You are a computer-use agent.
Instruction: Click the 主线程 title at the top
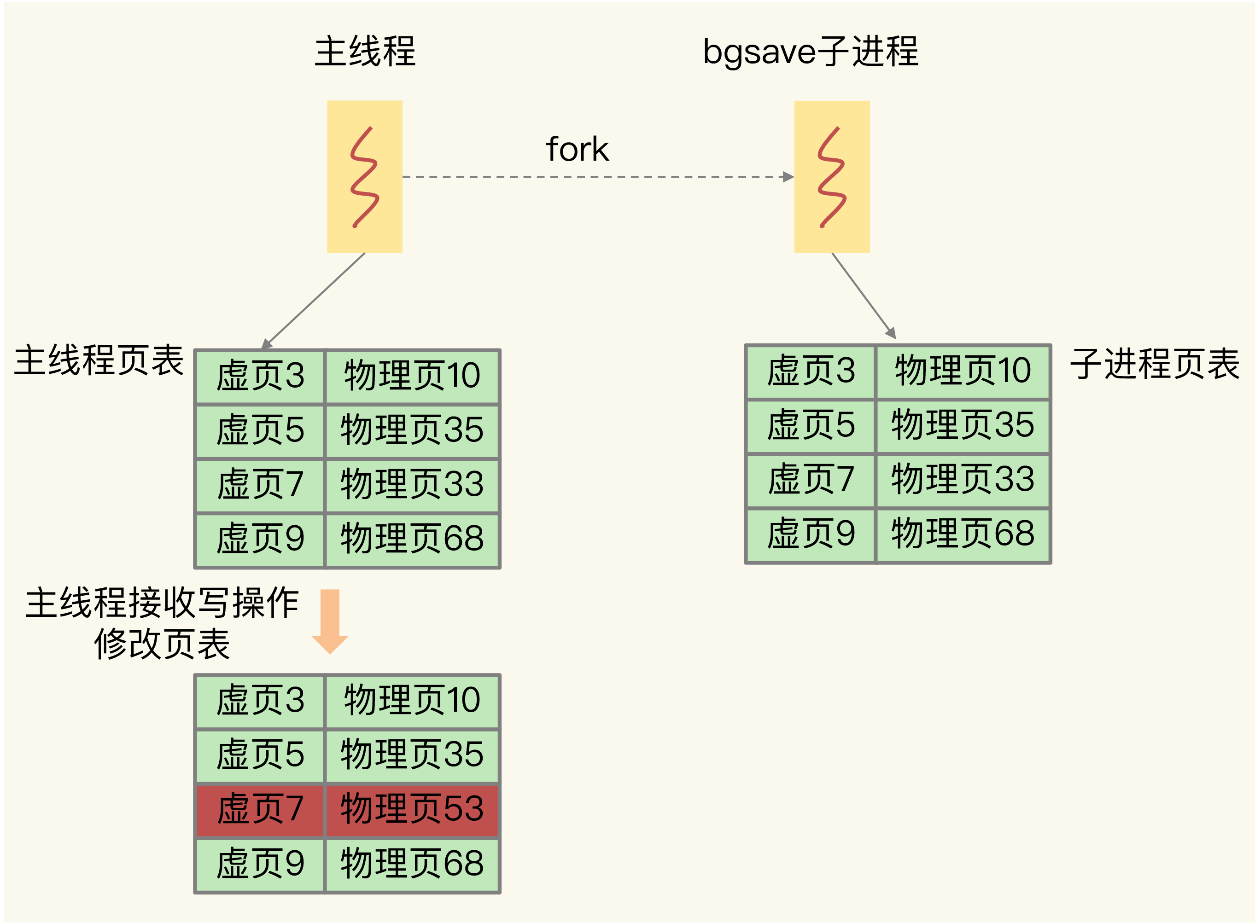tap(365, 52)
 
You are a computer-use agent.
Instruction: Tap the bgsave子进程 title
tap(811, 52)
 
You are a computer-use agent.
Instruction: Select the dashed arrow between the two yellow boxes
tap(598, 177)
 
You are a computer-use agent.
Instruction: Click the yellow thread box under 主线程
tap(364, 177)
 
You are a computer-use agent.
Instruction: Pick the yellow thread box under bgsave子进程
tap(832, 177)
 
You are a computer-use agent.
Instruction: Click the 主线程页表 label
tap(99, 360)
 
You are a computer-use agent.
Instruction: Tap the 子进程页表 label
tap(1155, 363)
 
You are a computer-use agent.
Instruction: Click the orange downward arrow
tap(330, 621)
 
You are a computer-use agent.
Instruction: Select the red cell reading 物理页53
tap(412, 808)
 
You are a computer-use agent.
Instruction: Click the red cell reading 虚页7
tap(260, 808)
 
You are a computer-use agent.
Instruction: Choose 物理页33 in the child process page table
tap(963, 479)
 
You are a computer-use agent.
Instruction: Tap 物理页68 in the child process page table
tap(963, 533)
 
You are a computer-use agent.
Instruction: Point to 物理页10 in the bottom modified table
tap(412, 700)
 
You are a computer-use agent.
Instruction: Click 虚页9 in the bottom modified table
tap(260, 863)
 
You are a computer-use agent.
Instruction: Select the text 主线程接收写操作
tap(162, 603)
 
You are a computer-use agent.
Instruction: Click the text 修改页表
tap(162, 644)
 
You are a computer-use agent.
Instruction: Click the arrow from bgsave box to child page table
tap(864, 296)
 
